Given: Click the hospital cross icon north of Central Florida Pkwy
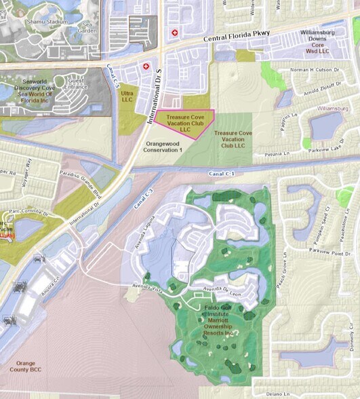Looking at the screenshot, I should pos(175,33).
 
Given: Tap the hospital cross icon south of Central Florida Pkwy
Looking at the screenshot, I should pos(146,66).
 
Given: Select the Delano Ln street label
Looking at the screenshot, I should pos(296,392).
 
